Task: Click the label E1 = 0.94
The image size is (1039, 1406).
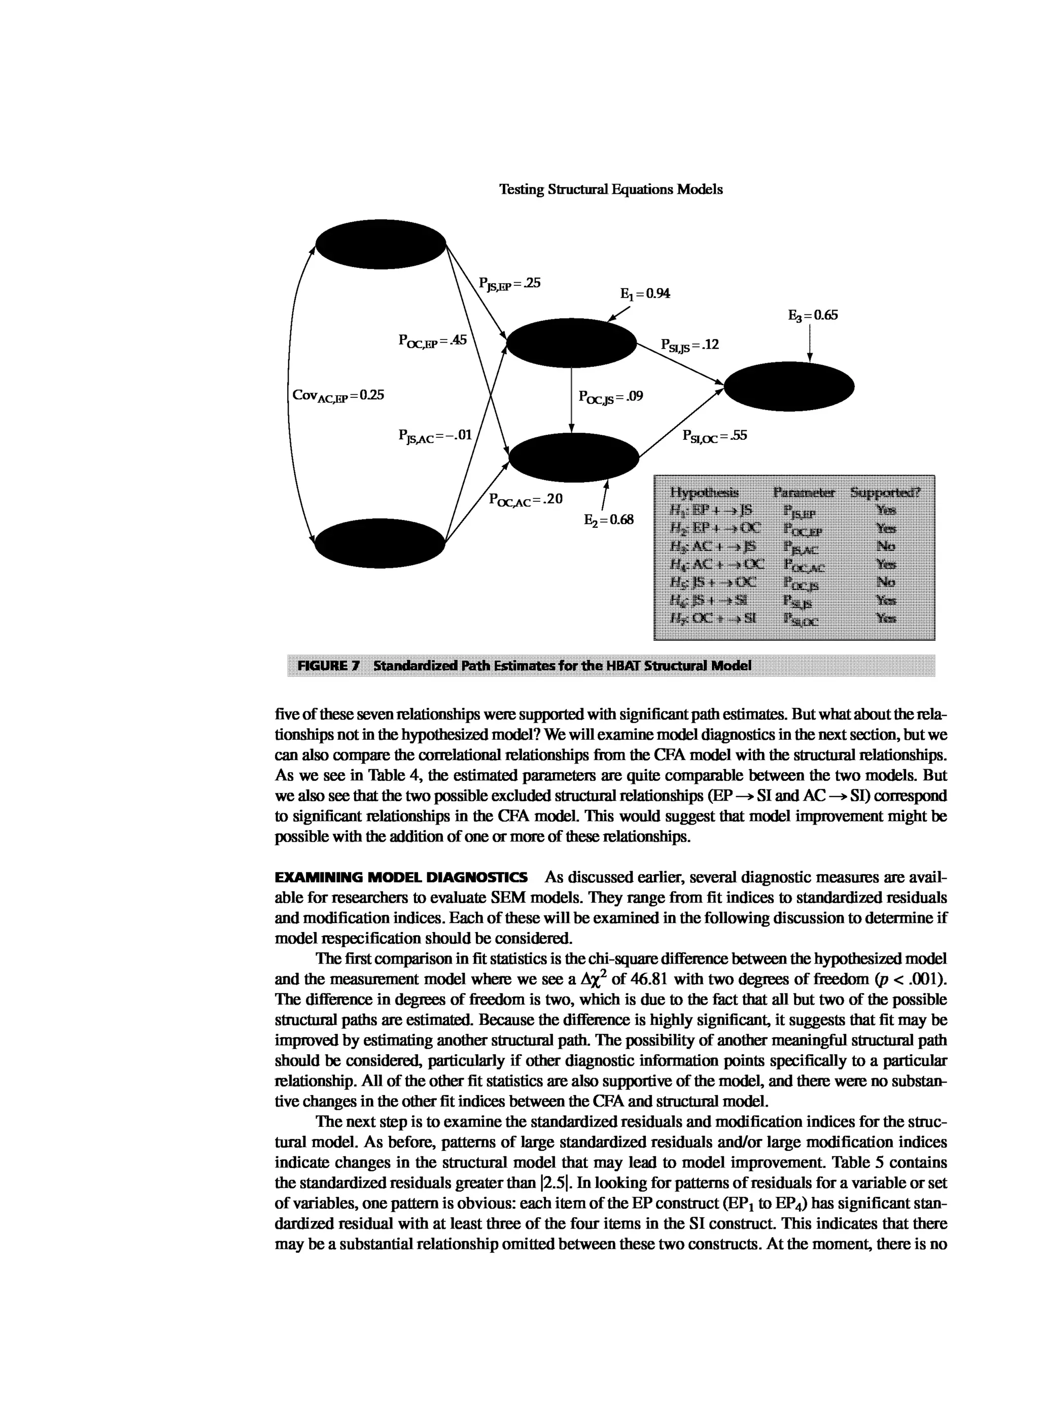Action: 645,294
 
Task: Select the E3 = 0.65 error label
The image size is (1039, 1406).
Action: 813,315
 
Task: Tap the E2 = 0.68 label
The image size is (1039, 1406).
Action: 608,520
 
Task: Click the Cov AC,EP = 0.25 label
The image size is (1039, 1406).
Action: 338,396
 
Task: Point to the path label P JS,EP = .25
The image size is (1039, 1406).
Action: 509,284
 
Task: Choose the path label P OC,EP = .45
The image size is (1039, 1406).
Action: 433,340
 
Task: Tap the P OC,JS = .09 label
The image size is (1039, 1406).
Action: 610,397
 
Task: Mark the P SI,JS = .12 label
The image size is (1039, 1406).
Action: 689,345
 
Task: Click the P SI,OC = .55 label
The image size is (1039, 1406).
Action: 714,435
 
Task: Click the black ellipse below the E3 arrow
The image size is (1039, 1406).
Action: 789,386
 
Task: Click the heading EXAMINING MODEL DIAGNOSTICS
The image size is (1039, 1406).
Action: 401,877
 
